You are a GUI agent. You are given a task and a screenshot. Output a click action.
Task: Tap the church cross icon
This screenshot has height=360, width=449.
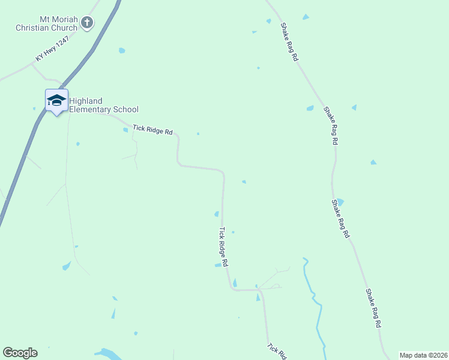coord(87,23)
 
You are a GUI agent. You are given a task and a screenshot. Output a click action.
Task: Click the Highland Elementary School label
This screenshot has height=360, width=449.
coord(103,105)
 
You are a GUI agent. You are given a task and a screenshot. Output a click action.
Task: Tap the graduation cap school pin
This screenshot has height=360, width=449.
coord(56,101)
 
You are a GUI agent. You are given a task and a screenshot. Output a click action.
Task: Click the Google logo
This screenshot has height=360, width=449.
coord(20,353)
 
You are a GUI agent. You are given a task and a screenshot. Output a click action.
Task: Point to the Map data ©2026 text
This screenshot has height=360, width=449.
coord(423,355)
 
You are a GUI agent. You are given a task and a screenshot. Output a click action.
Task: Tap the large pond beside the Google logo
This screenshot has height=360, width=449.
coord(108,353)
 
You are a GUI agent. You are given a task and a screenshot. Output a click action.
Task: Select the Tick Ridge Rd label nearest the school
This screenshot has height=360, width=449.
coord(152,129)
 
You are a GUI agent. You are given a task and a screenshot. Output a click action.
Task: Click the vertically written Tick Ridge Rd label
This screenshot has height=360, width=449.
coord(223,247)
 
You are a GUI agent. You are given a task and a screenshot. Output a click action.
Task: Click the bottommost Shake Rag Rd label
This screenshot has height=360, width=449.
coord(373,308)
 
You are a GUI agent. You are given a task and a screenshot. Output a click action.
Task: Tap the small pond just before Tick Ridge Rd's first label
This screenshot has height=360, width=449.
coord(125,130)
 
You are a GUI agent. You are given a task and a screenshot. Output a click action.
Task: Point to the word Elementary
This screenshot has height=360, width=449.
coord(91,109)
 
